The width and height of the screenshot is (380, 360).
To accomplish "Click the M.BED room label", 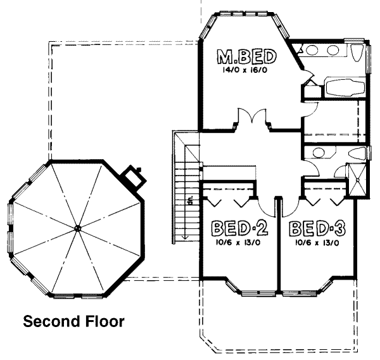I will (x=247, y=57).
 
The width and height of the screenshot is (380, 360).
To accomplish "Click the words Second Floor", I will (x=73, y=322).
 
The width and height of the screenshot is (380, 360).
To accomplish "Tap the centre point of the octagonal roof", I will (x=77, y=228).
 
